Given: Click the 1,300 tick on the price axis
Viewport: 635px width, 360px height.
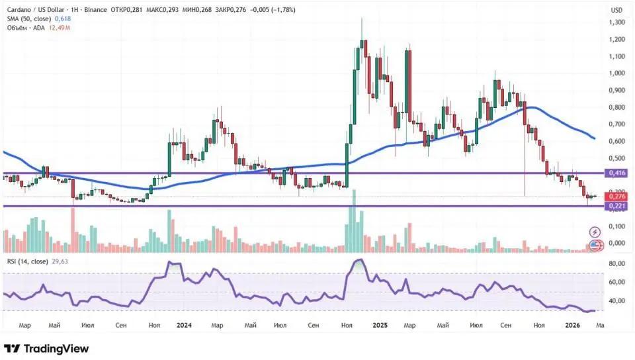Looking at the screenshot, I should click(x=616, y=22).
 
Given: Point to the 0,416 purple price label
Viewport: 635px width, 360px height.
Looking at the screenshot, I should click(x=616, y=173).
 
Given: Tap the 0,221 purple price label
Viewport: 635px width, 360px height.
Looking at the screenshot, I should click(x=616, y=206).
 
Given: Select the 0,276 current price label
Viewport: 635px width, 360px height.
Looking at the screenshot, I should click(x=616, y=197).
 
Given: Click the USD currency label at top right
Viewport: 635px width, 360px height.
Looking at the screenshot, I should click(x=616, y=10).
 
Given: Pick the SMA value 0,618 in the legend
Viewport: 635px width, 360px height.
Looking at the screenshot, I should click(x=62, y=19).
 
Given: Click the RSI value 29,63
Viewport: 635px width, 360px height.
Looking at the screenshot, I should click(x=60, y=261).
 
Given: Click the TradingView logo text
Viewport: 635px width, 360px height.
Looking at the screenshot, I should click(x=54, y=349).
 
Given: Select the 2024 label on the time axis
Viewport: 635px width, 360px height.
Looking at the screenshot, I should click(x=184, y=325).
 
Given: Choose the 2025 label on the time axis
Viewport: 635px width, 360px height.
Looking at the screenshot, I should click(x=380, y=325).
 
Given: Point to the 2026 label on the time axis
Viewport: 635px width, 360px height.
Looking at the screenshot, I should click(x=572, y=325).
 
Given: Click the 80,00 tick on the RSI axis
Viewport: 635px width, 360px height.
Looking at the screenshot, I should click(x=616, y=264).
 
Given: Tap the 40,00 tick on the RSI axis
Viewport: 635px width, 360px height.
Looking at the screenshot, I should click(x=616, y=300).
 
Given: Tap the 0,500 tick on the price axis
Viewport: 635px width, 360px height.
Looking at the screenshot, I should click(x=616, y=158).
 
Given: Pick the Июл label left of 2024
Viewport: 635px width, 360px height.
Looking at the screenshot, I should click(x=87, y=325).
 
